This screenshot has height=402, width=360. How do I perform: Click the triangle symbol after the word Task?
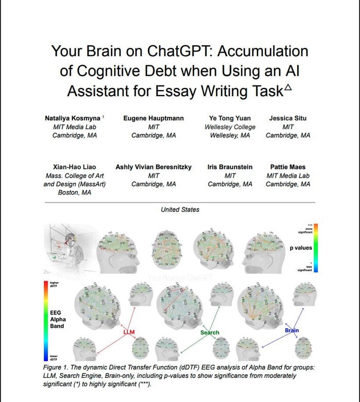coord(288,88)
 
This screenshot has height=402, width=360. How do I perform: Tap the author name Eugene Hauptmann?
coord(153,118)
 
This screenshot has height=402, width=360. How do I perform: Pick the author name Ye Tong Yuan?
coord(230,118)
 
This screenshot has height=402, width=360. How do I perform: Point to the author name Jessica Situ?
coord(287,118)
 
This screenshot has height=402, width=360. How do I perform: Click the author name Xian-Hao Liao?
coord(75,167)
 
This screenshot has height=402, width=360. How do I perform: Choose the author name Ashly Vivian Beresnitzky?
coord(153,167)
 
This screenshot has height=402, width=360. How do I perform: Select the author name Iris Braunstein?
coord(230,167)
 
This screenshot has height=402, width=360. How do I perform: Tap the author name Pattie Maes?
coord(287,167)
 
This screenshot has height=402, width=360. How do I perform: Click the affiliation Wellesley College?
coord(230,127)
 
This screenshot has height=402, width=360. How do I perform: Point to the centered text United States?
coord(180,209)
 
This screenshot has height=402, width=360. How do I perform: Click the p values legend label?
coord(301,248)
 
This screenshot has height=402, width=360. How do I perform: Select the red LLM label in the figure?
coord(129,333)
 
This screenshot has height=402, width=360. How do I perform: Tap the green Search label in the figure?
coord(210,333)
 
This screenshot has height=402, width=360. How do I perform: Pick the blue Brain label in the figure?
coord(292,330)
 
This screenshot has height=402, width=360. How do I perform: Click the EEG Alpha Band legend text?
coord(58,319)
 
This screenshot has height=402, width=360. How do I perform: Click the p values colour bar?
coord(316,248)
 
